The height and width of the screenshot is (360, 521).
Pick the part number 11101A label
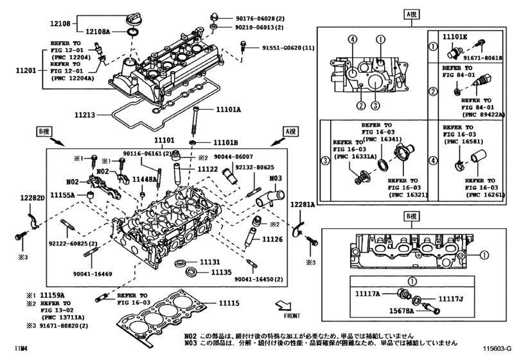(228, 111)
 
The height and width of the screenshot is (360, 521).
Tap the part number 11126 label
(273, 239)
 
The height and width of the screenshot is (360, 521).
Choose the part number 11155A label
(63, 194)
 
